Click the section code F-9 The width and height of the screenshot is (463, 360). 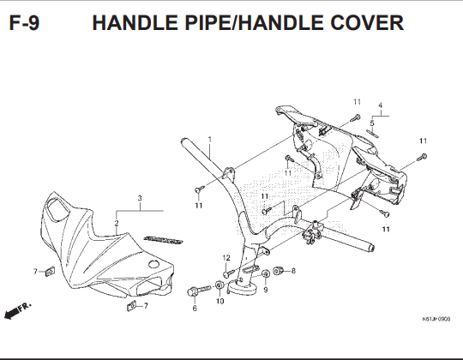24,23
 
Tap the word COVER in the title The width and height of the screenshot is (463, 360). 367,23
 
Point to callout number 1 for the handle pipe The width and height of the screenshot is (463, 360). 210,139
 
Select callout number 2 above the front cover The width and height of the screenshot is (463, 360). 117,223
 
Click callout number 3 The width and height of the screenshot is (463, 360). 140,198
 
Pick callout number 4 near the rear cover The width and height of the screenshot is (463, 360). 381,105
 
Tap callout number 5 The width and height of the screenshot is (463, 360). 372,123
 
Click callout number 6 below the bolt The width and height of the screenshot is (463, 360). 195,309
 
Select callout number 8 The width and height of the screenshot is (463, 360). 293,271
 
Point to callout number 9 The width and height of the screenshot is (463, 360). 266,290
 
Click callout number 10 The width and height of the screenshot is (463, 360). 220,301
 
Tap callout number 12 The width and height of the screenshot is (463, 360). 226,258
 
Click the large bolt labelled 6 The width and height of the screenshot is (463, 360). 199,291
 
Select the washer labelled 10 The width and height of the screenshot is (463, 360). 219,285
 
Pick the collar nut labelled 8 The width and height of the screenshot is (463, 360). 278,271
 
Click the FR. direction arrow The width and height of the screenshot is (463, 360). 17,311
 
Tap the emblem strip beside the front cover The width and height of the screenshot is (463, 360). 163,240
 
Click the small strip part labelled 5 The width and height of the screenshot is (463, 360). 372,133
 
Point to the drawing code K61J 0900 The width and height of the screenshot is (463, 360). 436,319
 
